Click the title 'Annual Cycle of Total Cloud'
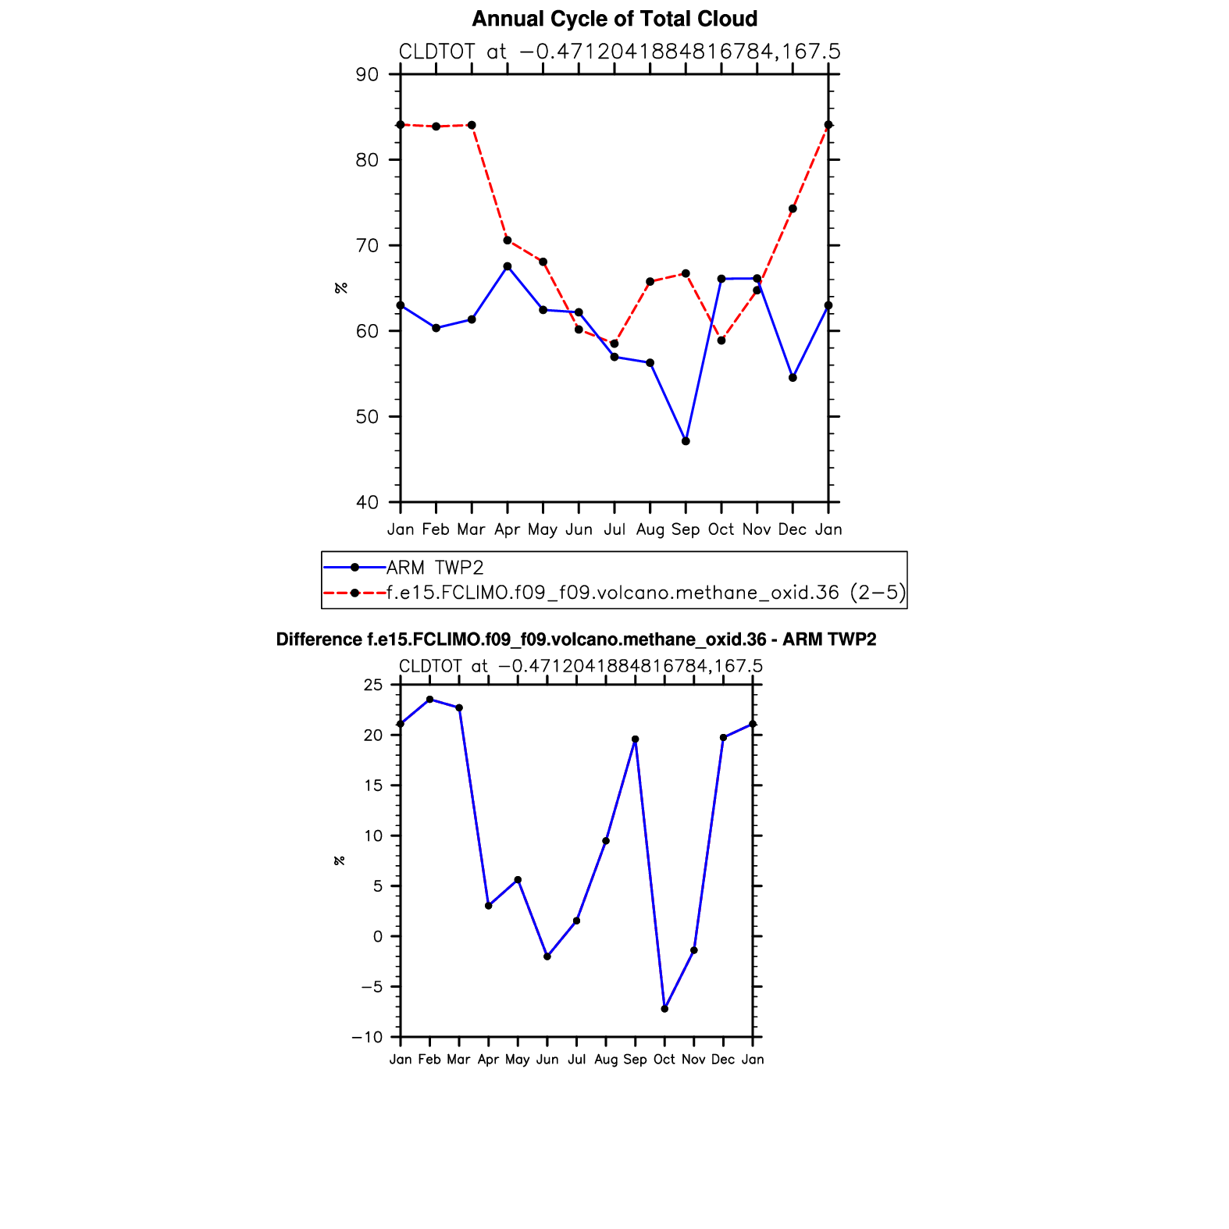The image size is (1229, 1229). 614,19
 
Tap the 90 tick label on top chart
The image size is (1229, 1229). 367,75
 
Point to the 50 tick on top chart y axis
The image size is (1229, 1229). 367,417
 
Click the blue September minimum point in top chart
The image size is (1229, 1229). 686,441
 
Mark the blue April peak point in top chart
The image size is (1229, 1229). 508,266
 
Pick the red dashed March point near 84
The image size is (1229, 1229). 472,125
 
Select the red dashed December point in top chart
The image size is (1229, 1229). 793,208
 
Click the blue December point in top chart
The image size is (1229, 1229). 793,378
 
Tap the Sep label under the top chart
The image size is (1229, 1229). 686,529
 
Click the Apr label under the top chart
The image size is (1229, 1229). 508,529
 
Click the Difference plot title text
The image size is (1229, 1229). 576,639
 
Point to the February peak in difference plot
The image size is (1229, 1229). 430,700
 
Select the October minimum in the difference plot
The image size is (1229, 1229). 664,1009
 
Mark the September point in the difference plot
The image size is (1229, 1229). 636,739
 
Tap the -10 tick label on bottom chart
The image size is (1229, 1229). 367,1037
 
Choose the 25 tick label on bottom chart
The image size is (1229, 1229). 373,685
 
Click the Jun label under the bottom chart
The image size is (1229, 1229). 547,1060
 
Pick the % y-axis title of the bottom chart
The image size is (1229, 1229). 340,860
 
